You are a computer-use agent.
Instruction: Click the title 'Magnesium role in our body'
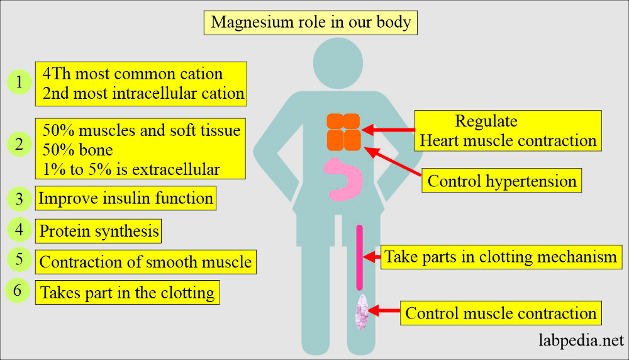click(311, 22)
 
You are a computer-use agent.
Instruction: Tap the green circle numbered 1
click(19, 82)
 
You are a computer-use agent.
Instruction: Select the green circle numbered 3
click(19, 199)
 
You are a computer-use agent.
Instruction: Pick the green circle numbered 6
click(18, 291)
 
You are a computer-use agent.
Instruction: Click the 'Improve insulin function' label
click(126, 198)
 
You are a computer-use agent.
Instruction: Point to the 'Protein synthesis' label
click(99, 231)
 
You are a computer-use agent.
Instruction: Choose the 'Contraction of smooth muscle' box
click(145, 261)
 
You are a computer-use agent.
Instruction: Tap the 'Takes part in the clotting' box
click(127, 293)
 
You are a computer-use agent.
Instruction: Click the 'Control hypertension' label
click(502, 181)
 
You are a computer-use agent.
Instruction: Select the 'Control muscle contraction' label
click(501, 313)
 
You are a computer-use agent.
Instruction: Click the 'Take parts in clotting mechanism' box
click(501, 257)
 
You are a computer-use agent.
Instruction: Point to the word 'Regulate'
click(486, 121)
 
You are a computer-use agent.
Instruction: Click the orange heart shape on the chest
click(343, 132)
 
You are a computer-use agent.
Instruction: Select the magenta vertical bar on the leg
click(360, 257)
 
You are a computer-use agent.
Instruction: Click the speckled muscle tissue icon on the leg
click(361, 312)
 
